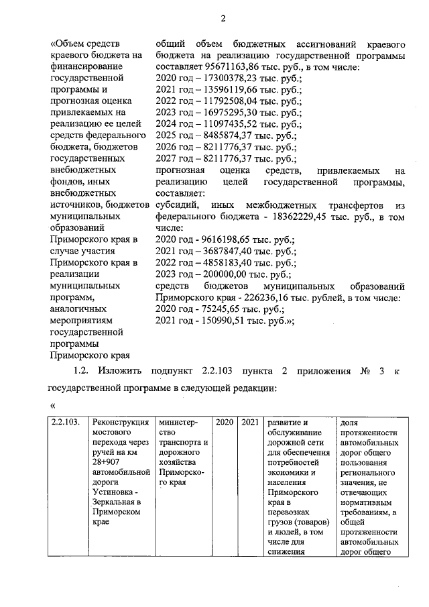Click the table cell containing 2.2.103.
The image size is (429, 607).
67,423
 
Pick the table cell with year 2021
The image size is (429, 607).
249,423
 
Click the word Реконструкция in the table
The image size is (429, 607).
121,423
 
